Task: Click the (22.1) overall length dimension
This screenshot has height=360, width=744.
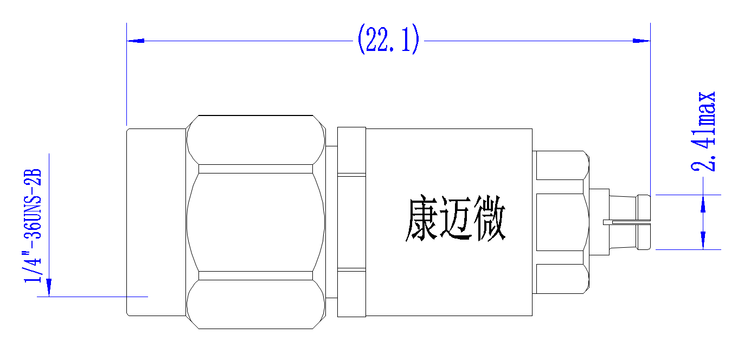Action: point(388,39)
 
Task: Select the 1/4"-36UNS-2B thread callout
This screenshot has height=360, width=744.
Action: point(33,226)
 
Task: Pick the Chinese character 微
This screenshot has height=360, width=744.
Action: point(490,218)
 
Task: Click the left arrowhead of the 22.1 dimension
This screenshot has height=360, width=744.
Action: point(136,41)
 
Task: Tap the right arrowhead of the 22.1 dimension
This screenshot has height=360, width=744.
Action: point(641,41)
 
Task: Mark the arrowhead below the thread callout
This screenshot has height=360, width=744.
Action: point(49,287)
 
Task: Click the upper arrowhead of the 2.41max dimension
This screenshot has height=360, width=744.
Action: point(703,204)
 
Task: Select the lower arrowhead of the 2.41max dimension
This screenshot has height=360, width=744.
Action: point(703,240)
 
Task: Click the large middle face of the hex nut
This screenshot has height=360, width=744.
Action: point(255,222)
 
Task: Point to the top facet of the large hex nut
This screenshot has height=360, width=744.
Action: point(255,140)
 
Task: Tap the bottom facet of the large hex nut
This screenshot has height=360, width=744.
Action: point(255,304)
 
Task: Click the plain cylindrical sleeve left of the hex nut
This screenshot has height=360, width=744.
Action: point(156,222)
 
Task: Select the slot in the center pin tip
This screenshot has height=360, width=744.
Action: point(627,222)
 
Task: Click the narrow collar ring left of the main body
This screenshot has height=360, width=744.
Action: point(351,222)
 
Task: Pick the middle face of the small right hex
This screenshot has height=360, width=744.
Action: point(561,222)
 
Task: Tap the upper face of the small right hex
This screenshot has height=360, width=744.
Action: point(561,165)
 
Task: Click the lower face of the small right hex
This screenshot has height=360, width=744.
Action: point(561,279)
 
